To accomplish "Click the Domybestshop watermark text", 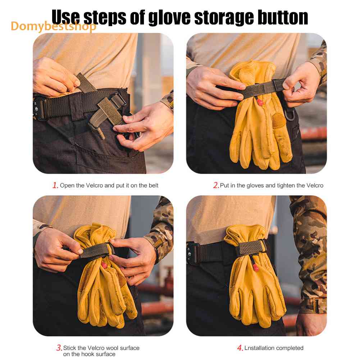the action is click(53, 26).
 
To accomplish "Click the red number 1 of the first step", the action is click(55, 185).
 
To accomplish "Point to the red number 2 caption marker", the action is click(216, 185).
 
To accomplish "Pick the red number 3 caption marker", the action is click(59, 348).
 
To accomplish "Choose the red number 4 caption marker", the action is click(240, 348).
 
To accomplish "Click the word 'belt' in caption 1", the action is click(153, 185).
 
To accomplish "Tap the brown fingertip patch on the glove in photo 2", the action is click(279, 120).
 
